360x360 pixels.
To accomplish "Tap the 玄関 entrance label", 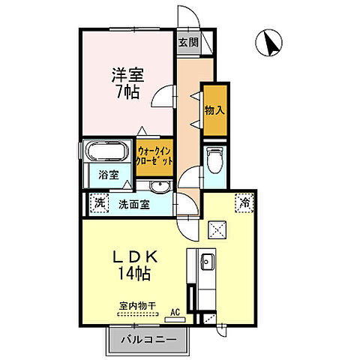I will [187, 43].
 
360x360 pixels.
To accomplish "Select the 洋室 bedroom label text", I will [127, 76].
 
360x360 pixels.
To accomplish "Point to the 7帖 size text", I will [127, 94].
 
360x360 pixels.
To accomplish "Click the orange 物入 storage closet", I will [214, 110].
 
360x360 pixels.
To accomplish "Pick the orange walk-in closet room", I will [155, 156].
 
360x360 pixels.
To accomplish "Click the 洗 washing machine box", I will [98, 202].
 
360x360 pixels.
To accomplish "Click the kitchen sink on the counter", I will [207, 262].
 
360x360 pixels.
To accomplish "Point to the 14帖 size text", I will [136, 274].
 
